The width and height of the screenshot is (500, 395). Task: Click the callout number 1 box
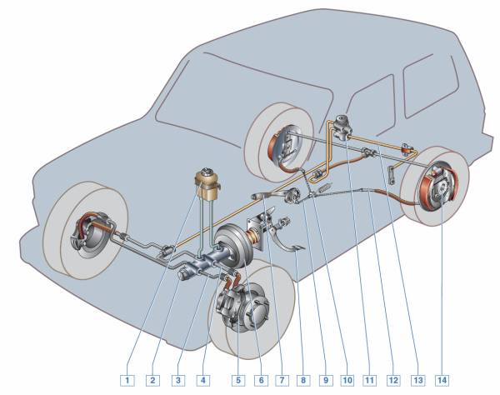(x=127, y=380)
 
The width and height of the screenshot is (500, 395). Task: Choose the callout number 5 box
(x=237, y=380)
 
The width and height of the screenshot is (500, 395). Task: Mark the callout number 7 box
(x=285, y=380)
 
